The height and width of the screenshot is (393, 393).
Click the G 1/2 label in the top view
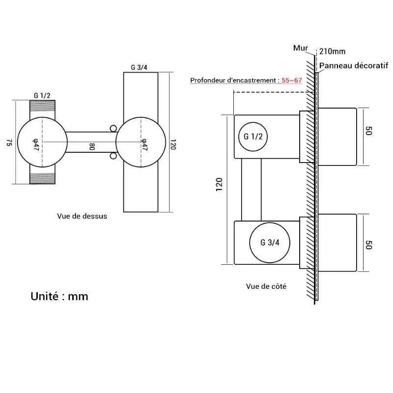click(42, 95)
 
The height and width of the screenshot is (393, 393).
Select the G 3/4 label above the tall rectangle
click(139, 67)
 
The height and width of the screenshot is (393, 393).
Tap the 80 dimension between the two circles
click(91, 146)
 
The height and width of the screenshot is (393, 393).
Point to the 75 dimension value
click(9, 142)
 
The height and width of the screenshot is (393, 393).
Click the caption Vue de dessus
click(82, 216)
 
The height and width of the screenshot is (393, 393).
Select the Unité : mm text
click(59, 296)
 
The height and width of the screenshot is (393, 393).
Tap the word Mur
click(300, 48)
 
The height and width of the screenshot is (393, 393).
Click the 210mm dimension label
click(332, 51)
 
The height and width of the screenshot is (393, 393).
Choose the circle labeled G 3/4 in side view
click(270, 242)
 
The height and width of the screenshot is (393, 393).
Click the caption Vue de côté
click(266, 286)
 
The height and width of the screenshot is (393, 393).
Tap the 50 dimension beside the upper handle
click(369, 131)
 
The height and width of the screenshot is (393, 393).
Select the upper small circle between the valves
click(113, 129)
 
